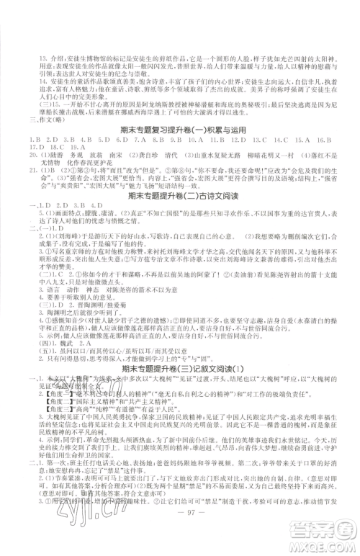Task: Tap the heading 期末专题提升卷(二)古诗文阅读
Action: tap(180, 194)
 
